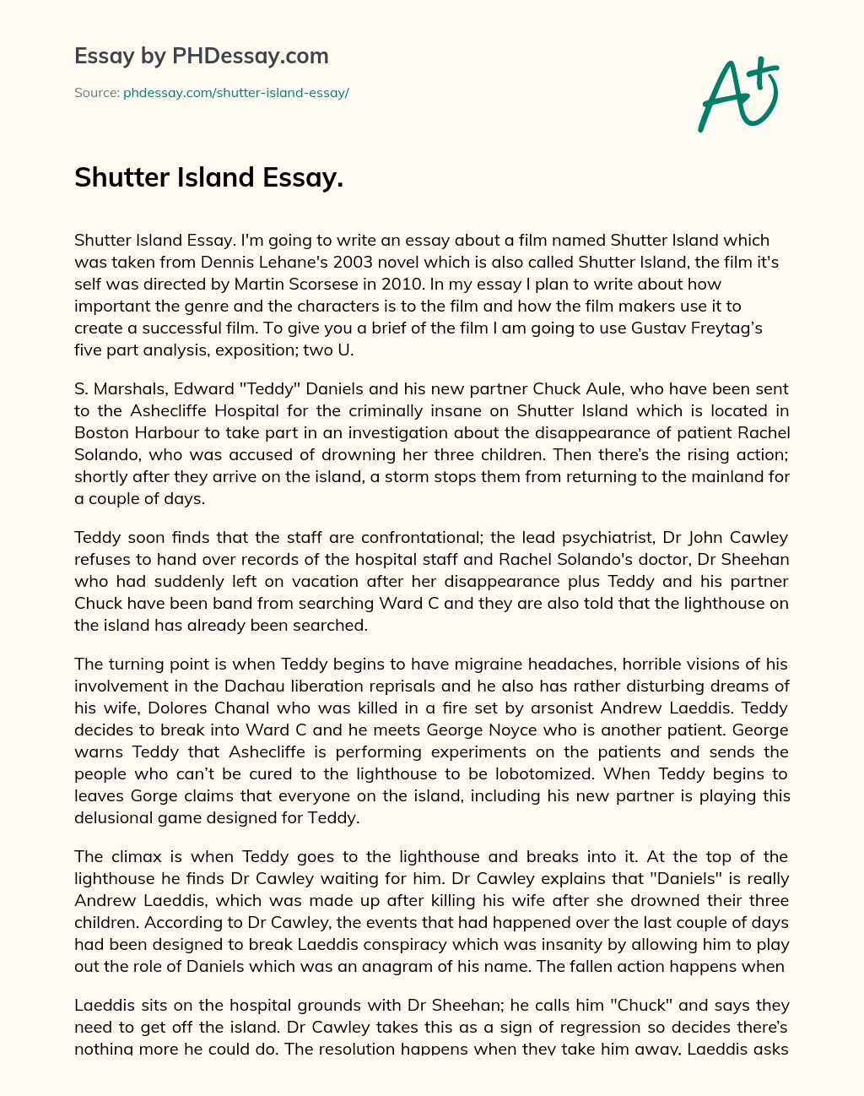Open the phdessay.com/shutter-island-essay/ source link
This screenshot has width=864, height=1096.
tap(235, 93)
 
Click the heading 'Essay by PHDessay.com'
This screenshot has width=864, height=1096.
tap(202, 56)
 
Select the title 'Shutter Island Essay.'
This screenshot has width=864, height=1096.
tap(208, 177)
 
